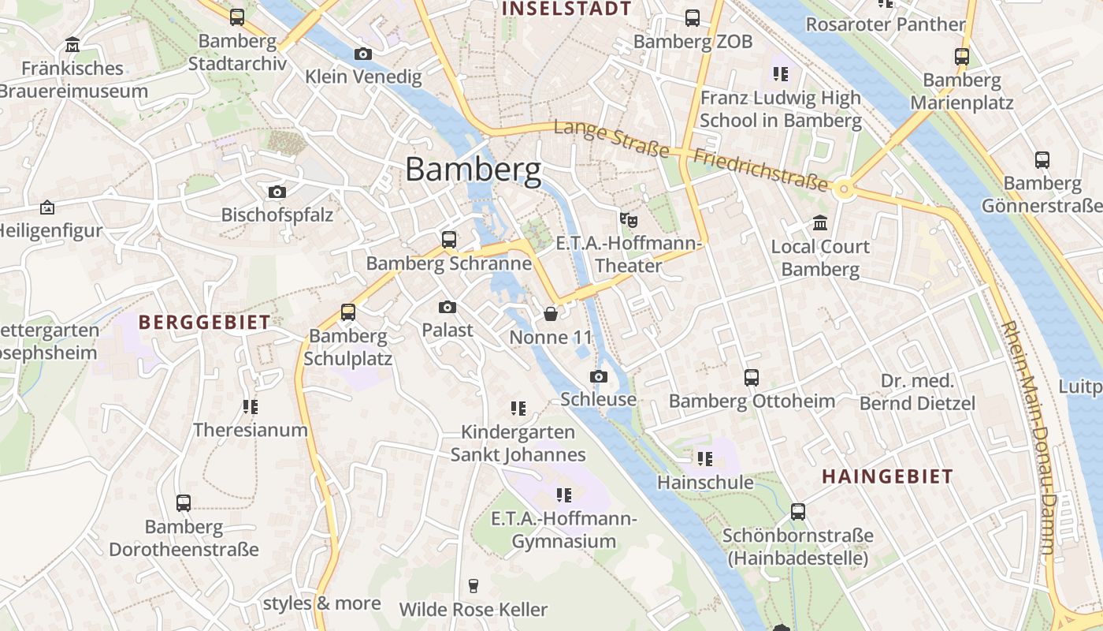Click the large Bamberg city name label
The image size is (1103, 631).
coord(474,170)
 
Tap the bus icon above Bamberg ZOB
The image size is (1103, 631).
coord(693,17)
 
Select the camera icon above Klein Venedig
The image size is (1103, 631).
coord(363,54)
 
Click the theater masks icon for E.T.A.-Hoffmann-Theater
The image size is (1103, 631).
coord(628,218)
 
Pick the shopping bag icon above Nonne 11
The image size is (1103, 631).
coord(551,314)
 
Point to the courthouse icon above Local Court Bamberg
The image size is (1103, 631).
coord(820,223)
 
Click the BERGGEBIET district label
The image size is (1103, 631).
coord(204,322)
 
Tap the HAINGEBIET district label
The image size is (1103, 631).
coord(888,476)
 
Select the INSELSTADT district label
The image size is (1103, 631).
coord(566,9)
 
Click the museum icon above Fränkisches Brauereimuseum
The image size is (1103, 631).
coord(73,44)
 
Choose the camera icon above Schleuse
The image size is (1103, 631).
coord(599,376)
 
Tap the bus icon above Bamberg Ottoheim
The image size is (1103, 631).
coord(752,378)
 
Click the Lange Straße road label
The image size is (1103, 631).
coord(611,139)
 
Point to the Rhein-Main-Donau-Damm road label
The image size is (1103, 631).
coord(1029,438)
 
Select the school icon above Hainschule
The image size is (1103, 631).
coord(705,458)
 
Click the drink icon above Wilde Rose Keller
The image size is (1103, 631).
coord(473,585)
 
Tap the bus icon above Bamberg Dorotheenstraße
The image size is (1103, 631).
coord(184,502)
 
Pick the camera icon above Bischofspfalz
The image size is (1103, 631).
coord(277,192)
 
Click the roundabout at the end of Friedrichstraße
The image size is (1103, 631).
coord(845,189)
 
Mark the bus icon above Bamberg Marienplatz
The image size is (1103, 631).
coord(962,57)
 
